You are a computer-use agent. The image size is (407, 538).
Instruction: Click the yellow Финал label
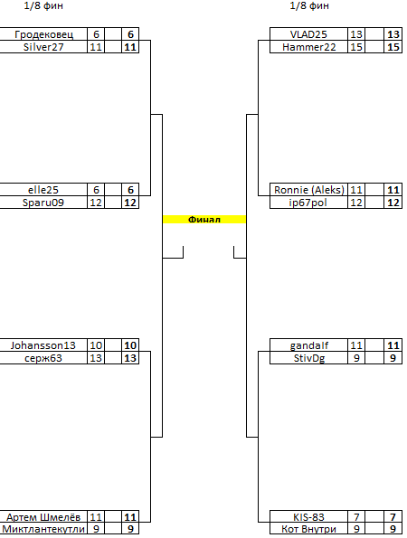click(204, 219)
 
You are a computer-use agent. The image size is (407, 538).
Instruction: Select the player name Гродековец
click(43, 34)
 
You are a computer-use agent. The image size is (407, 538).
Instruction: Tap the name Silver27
click(43, 47)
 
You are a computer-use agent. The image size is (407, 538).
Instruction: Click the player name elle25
click(43, 190)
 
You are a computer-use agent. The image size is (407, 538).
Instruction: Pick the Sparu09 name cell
click(43, 203)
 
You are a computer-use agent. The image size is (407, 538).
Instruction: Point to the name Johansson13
click(43, 345)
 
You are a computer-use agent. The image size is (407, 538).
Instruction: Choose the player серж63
click(43, 358)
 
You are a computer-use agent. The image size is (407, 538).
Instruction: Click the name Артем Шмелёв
click(43, 516)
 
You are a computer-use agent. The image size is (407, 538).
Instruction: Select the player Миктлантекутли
click(43, 529)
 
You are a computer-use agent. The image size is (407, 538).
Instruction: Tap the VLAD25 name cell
click(308, 34)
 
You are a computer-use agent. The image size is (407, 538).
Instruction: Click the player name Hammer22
click(308, 47)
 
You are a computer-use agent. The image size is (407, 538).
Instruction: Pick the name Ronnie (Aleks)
click(308, 190)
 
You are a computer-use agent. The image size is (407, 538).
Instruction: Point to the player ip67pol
click(308, 203)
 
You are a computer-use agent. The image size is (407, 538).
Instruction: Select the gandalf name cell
click(309, 345)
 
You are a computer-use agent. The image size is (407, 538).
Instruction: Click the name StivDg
click(309, 358)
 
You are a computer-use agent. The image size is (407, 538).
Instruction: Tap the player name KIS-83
click(308, 516)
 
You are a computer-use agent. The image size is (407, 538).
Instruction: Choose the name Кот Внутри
click(308, 529)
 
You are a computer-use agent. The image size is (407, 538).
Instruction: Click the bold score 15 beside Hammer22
click(393, 47)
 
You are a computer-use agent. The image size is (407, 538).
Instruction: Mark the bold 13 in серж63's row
click(130, 358)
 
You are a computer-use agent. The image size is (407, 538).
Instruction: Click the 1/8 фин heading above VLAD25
click(309, 5)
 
